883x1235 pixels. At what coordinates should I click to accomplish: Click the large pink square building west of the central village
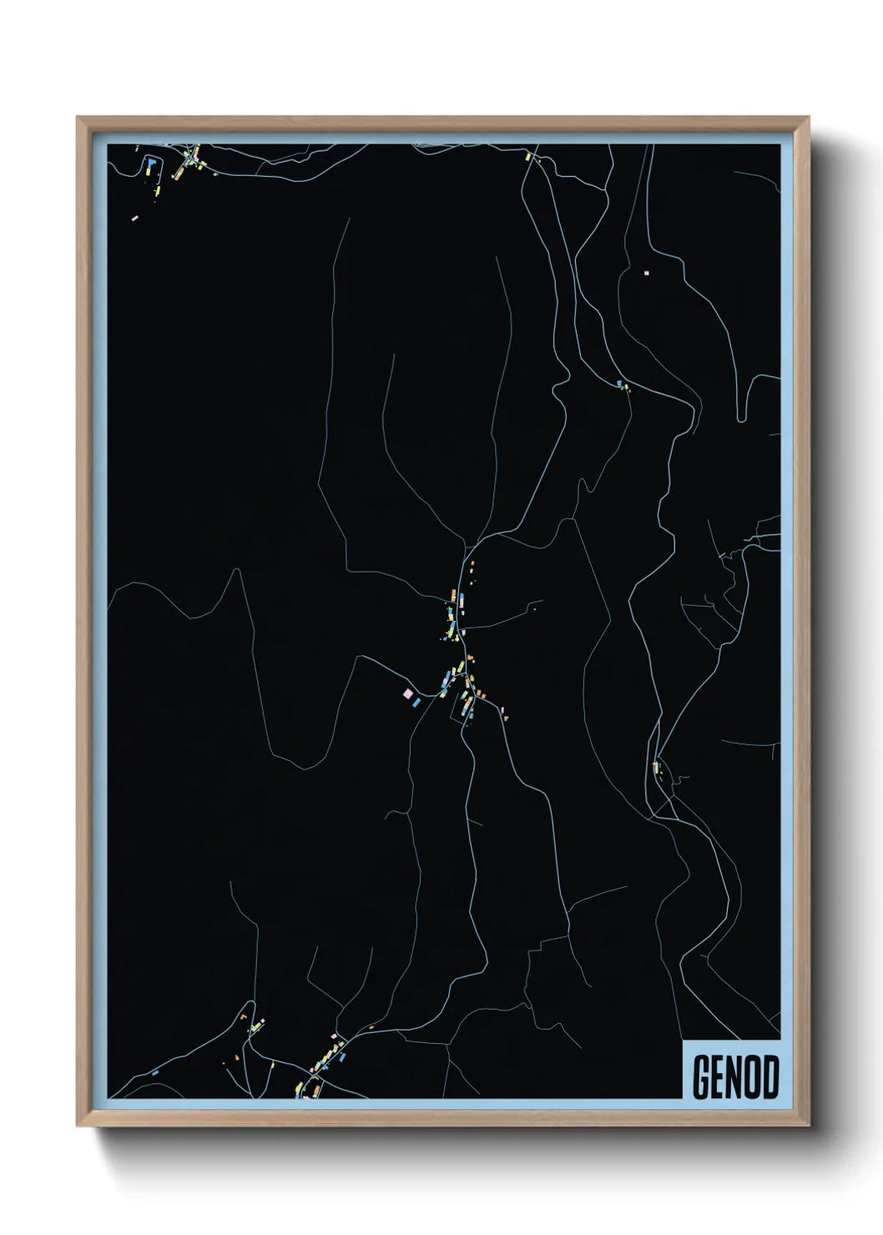[x=407, y=693]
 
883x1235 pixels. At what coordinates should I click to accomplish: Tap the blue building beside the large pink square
[x=415, y=703]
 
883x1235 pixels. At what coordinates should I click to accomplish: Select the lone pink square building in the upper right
[x=646, y=273]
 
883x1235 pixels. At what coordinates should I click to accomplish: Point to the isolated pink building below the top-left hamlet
[x=135, y=218]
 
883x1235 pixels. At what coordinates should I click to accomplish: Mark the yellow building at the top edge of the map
[x=527, y=155]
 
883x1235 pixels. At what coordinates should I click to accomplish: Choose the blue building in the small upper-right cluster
[x=619, y=383]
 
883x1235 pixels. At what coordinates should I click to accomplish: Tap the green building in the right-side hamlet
[x=657, y=766]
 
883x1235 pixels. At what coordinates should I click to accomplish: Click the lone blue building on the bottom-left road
[x=155, y=1071]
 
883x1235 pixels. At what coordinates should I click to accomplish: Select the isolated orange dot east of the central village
[x=534, y=610]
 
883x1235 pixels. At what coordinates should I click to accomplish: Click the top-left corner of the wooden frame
[x=78, y=118]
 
